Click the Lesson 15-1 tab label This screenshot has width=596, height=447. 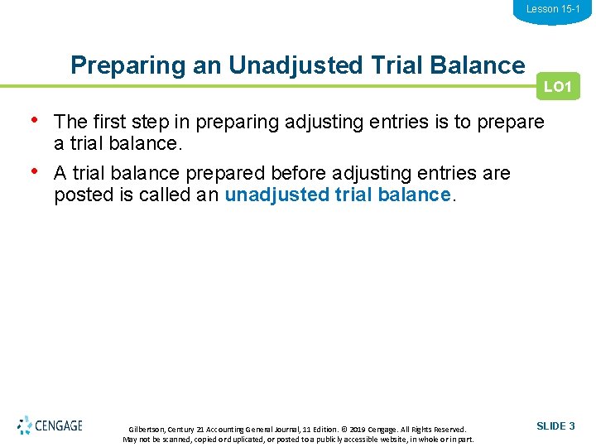[553, 9]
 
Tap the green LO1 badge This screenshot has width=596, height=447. [558, 87]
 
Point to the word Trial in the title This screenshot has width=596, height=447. [384, 65]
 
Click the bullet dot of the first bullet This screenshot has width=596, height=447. [33, 121]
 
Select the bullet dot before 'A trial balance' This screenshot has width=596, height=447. [33, 171]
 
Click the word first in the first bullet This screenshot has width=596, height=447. [111, 123]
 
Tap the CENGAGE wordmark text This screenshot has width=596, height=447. [60, 426]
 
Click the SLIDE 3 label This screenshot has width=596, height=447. [555, 426]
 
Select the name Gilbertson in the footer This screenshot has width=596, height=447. [147, 430]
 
